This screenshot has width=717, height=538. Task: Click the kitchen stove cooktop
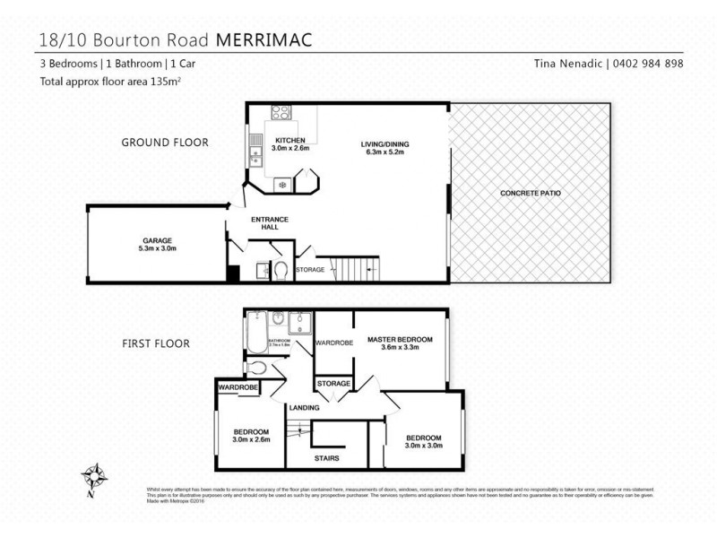[x=281, y=113]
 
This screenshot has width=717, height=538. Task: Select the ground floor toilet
[x=279, y=270]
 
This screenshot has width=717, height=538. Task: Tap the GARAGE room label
[x=157, y=240]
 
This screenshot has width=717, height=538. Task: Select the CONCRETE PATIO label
[x=531, y=193]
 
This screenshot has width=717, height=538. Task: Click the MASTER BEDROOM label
[x=400, y=339]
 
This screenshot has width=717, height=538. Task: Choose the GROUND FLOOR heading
[x=165, y=143]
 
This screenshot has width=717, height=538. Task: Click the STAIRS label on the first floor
[x=326, y=457]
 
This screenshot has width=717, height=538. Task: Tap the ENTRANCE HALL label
[x=264, y=223]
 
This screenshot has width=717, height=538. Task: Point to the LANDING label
[x=302, y=408]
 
